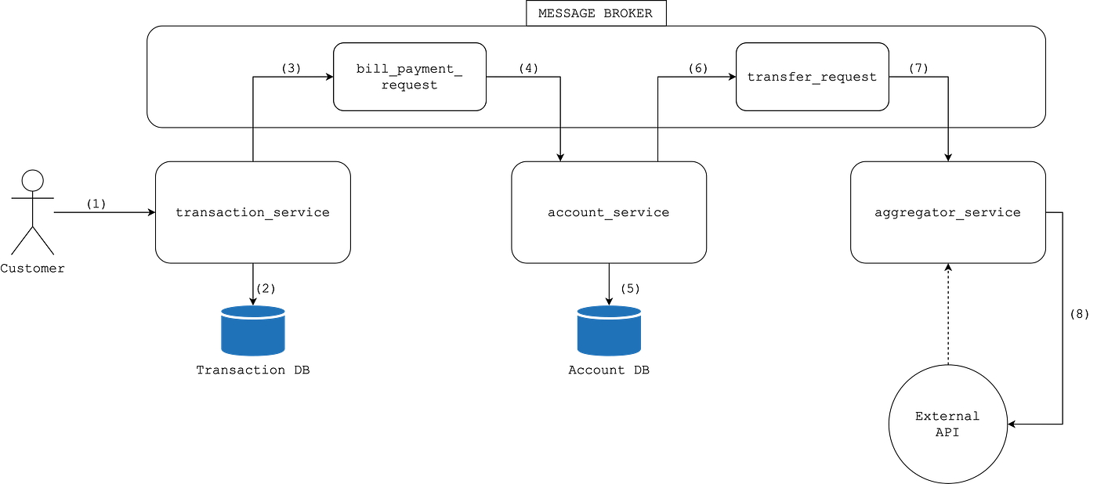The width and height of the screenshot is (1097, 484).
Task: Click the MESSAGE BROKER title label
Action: (596, 13)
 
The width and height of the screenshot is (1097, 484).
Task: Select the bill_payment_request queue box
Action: (410, 77)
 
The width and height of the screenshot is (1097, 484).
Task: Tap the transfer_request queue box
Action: (812, 77)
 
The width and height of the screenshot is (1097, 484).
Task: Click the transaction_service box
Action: (252, 212)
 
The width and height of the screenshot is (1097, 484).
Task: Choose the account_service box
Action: (609, 212)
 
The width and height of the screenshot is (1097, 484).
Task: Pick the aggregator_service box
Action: (947, 212)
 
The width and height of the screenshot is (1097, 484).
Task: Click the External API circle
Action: (947, 424)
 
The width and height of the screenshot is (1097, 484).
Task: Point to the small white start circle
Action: (32, 181)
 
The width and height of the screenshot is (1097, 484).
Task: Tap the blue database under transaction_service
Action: (252, 331)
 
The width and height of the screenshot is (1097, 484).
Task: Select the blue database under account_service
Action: (609, 331)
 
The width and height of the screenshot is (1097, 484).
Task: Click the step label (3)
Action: (291, 68)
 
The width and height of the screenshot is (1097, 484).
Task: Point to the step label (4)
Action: (528, 68)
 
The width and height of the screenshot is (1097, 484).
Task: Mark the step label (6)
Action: (697, 68)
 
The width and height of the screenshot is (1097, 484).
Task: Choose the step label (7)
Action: (918, 68)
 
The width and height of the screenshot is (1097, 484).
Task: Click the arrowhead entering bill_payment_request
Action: (328, 77)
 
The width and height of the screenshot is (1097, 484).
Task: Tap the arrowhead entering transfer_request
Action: (731, 77)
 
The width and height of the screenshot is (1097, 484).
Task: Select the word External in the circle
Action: (947, 416)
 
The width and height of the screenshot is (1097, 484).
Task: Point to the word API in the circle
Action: (947, 432)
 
